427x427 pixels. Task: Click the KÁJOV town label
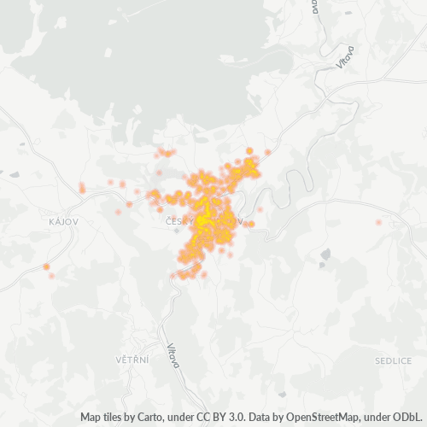pyautogui.click(x=64, y=221)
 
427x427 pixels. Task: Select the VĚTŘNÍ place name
pyautogui.click(x=132, y=360)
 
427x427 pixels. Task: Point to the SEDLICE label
pyautogui.click(x=393, y=360)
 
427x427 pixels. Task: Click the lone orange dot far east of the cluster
pyautogui.click(x=378, y=222)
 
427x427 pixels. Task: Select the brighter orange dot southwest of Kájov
pyautogui.click(x=46, y=267)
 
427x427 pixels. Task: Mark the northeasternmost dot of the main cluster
pyautogui.click(x=267, y=152)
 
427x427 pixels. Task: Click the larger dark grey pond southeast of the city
pyautogui.click(x=325, y=254)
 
